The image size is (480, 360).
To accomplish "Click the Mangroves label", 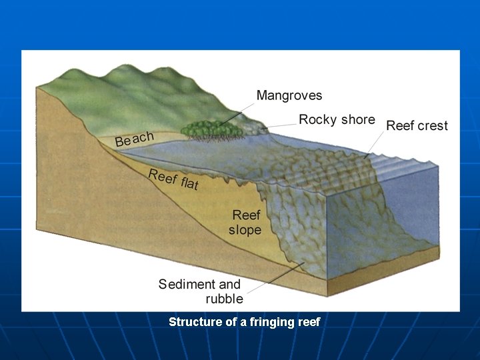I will [x=289, y=96].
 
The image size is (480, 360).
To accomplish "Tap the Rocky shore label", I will [x=337, y=120].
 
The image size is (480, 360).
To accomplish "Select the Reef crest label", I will [x=417, y=126].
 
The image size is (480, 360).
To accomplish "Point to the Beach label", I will [x=134, y=139].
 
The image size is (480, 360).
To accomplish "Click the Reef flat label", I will [x=173, y=179].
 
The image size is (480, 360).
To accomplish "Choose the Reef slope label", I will [x=245, y=223].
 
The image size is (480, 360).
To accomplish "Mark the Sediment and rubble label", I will [x=199, y=291].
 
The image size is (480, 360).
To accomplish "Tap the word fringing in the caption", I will [x=272, y=322].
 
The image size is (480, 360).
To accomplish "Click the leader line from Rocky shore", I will [x=280, y=124].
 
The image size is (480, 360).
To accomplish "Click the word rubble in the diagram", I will [x=224, y=299].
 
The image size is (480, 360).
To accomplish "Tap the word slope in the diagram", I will [x=245, y=230].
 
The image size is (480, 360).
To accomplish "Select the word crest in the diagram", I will [x=432, y=126].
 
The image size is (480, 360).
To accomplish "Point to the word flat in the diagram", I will [x=189, y=183].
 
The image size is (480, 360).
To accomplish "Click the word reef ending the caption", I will [x=308, y=322].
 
